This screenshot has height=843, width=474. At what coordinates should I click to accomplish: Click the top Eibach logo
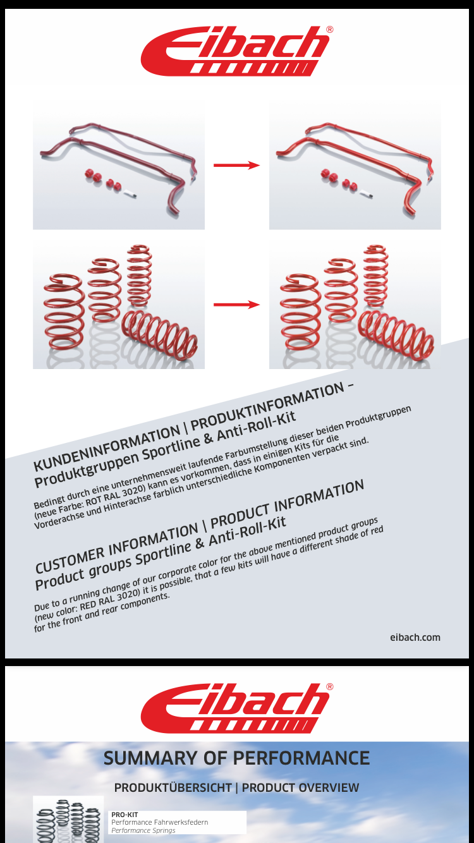236,51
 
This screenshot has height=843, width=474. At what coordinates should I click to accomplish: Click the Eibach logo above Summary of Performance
236,708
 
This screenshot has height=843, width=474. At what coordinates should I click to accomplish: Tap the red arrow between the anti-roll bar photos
236,165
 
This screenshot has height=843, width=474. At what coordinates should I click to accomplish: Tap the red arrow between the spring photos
236,305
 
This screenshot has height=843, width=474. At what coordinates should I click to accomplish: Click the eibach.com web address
415,637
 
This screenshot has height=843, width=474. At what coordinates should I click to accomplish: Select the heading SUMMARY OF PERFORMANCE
236,758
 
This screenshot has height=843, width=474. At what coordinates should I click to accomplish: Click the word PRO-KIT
125,815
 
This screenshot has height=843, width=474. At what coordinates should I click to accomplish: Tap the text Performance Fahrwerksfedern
160,822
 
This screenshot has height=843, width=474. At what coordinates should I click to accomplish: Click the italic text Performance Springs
143,830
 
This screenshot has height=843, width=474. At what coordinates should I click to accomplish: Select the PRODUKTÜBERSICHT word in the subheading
173,787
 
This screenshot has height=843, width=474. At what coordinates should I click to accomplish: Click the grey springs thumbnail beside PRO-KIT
68,819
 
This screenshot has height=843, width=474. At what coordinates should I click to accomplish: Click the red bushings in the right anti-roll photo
339,179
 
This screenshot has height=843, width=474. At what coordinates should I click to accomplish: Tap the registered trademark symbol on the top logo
329,30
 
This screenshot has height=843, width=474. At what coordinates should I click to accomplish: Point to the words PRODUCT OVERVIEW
300,787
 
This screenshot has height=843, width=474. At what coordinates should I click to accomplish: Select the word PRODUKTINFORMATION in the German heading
268,407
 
